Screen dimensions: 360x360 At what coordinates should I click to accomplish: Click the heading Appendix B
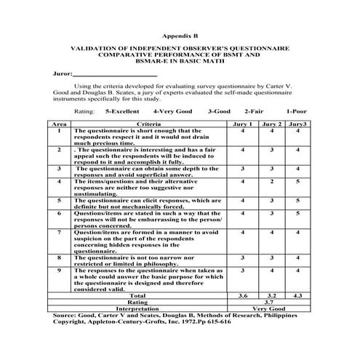[x=179, y=34]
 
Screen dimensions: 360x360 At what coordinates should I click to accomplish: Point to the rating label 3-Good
[x=219, y=112]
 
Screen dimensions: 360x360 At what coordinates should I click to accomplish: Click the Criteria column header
[x=148, y=125]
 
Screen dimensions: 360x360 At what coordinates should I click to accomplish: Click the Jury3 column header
[x=297, y=125]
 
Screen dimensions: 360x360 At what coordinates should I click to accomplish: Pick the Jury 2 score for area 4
[x=271, y=181]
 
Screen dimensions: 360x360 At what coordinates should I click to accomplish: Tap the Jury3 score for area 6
[x=297, y=214]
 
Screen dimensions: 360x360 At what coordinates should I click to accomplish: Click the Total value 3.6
[x=245, y=296]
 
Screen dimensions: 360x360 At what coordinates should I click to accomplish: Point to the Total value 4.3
[x=297, y=296]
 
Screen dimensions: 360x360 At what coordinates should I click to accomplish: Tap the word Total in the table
[x=137, y=296]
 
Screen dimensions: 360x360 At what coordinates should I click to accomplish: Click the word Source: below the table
[x=65, y=315]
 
